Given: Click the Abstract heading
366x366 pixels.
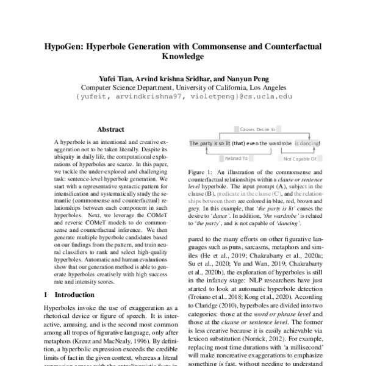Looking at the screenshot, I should tap(110, 129).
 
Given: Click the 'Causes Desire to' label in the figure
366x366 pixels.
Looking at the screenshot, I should tap(254, 129).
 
